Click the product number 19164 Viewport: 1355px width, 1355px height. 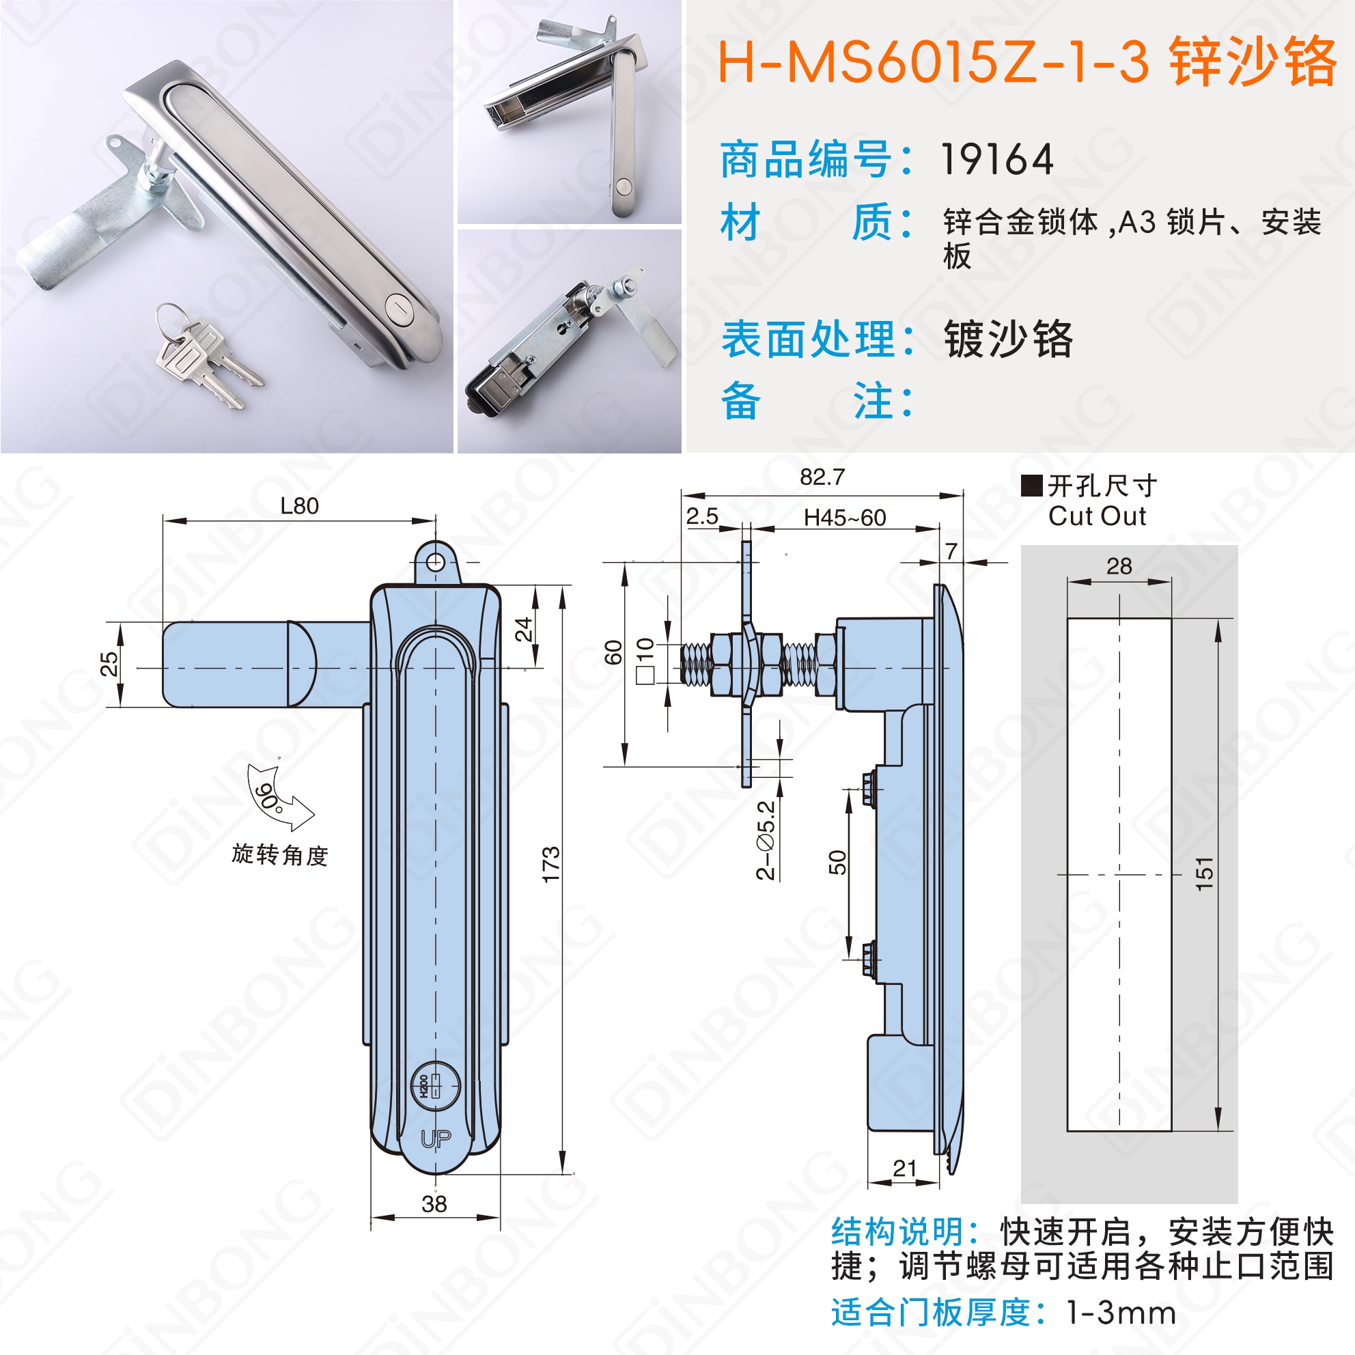(x=996, y=159)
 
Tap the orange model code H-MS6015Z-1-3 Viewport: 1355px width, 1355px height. (x=934, y=61)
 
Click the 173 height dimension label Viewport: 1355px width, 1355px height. (x=551, y=864)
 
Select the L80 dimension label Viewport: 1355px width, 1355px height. (x=299, y=505)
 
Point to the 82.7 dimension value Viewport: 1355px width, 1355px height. (x=822, y=477)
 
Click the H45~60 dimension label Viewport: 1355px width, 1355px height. (x=844, y=518)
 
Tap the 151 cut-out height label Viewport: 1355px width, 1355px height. (x=1203, y=874)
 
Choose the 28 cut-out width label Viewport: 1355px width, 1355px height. (x=1119, y=566)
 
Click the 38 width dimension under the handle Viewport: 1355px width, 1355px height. (x=434, y=1203)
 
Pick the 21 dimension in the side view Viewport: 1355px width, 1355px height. (x=905, y=1169)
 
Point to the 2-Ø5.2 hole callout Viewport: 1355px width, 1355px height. (x=765, y=840)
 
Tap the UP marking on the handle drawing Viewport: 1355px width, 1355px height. (x=436, y=1140)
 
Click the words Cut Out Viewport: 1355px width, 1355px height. (x=1097, y=516)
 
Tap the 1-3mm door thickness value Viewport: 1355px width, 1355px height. (x=1121, y=1313)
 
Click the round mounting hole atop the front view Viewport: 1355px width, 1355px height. (x=436, y=561)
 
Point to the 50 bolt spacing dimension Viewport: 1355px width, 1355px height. (x=838, y=862)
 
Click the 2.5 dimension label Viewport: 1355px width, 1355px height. (x=702, y=516)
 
